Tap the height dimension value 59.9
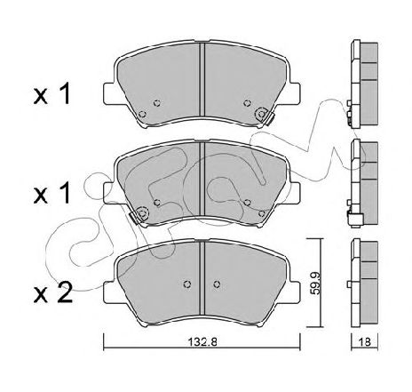tap(315, 284)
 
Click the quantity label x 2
tap(53, 292)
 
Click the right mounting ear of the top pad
tap(295, 93)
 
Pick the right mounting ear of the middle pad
tap(295, 193)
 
